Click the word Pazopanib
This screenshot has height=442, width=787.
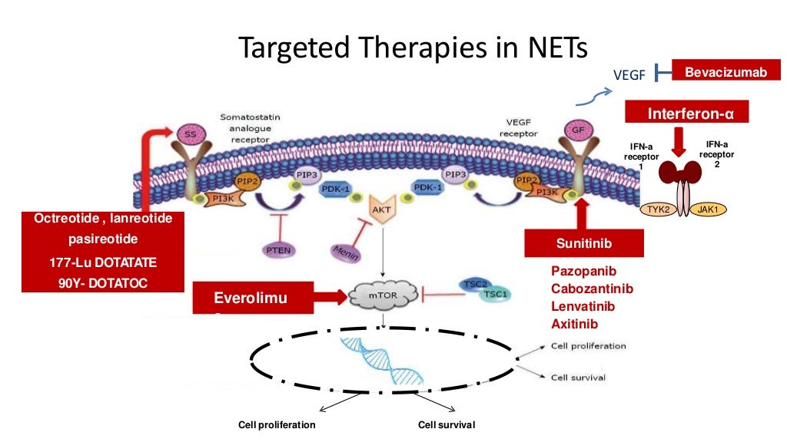click(583, 271)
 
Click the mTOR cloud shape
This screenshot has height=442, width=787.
click(383, 294)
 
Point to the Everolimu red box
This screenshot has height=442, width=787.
click(254, 298)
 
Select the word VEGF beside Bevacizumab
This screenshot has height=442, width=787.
click(629, 74)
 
